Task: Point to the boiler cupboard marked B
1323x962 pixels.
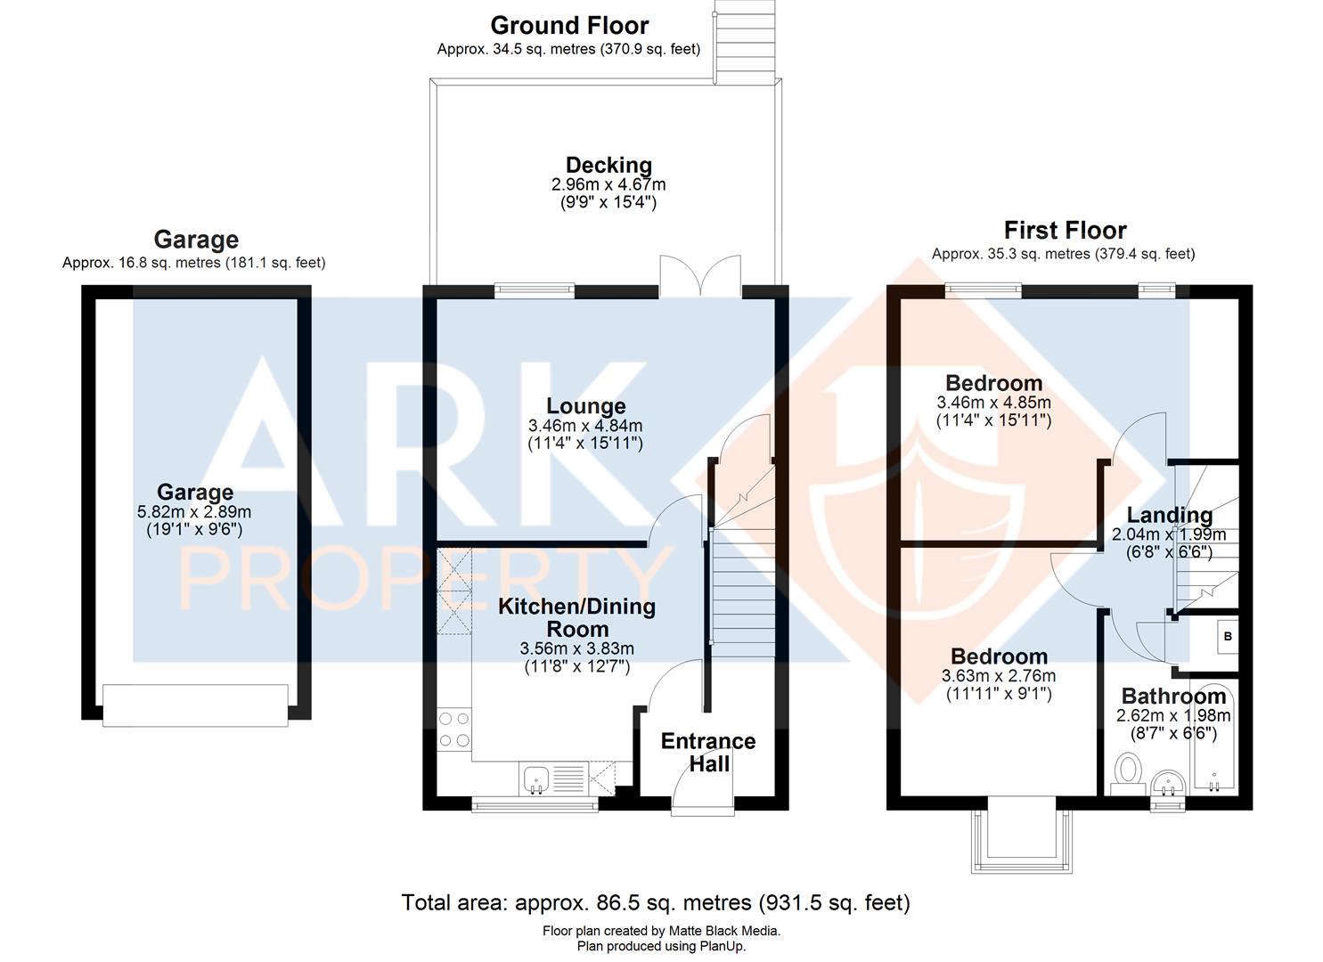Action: (x=1227, y=637)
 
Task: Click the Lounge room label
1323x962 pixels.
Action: (x=585, y=406)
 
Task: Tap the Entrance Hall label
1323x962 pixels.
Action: (x=708, y=752)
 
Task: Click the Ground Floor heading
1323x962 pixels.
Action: (x=569, y=25)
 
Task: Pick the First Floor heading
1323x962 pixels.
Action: (x=1065, y=230)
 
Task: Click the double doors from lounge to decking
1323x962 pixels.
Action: (x=700, y=275)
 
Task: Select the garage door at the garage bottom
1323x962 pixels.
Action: (x=195, y=705)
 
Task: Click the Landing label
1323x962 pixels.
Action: (x=1169, y=515)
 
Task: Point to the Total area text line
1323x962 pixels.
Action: (x=656, y=903)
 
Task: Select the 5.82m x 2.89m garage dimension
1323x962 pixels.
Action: (x=194, y=512)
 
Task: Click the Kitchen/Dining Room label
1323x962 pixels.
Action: (x=576, y=616)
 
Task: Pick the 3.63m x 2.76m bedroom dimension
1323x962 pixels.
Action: (x=998, y=676)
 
